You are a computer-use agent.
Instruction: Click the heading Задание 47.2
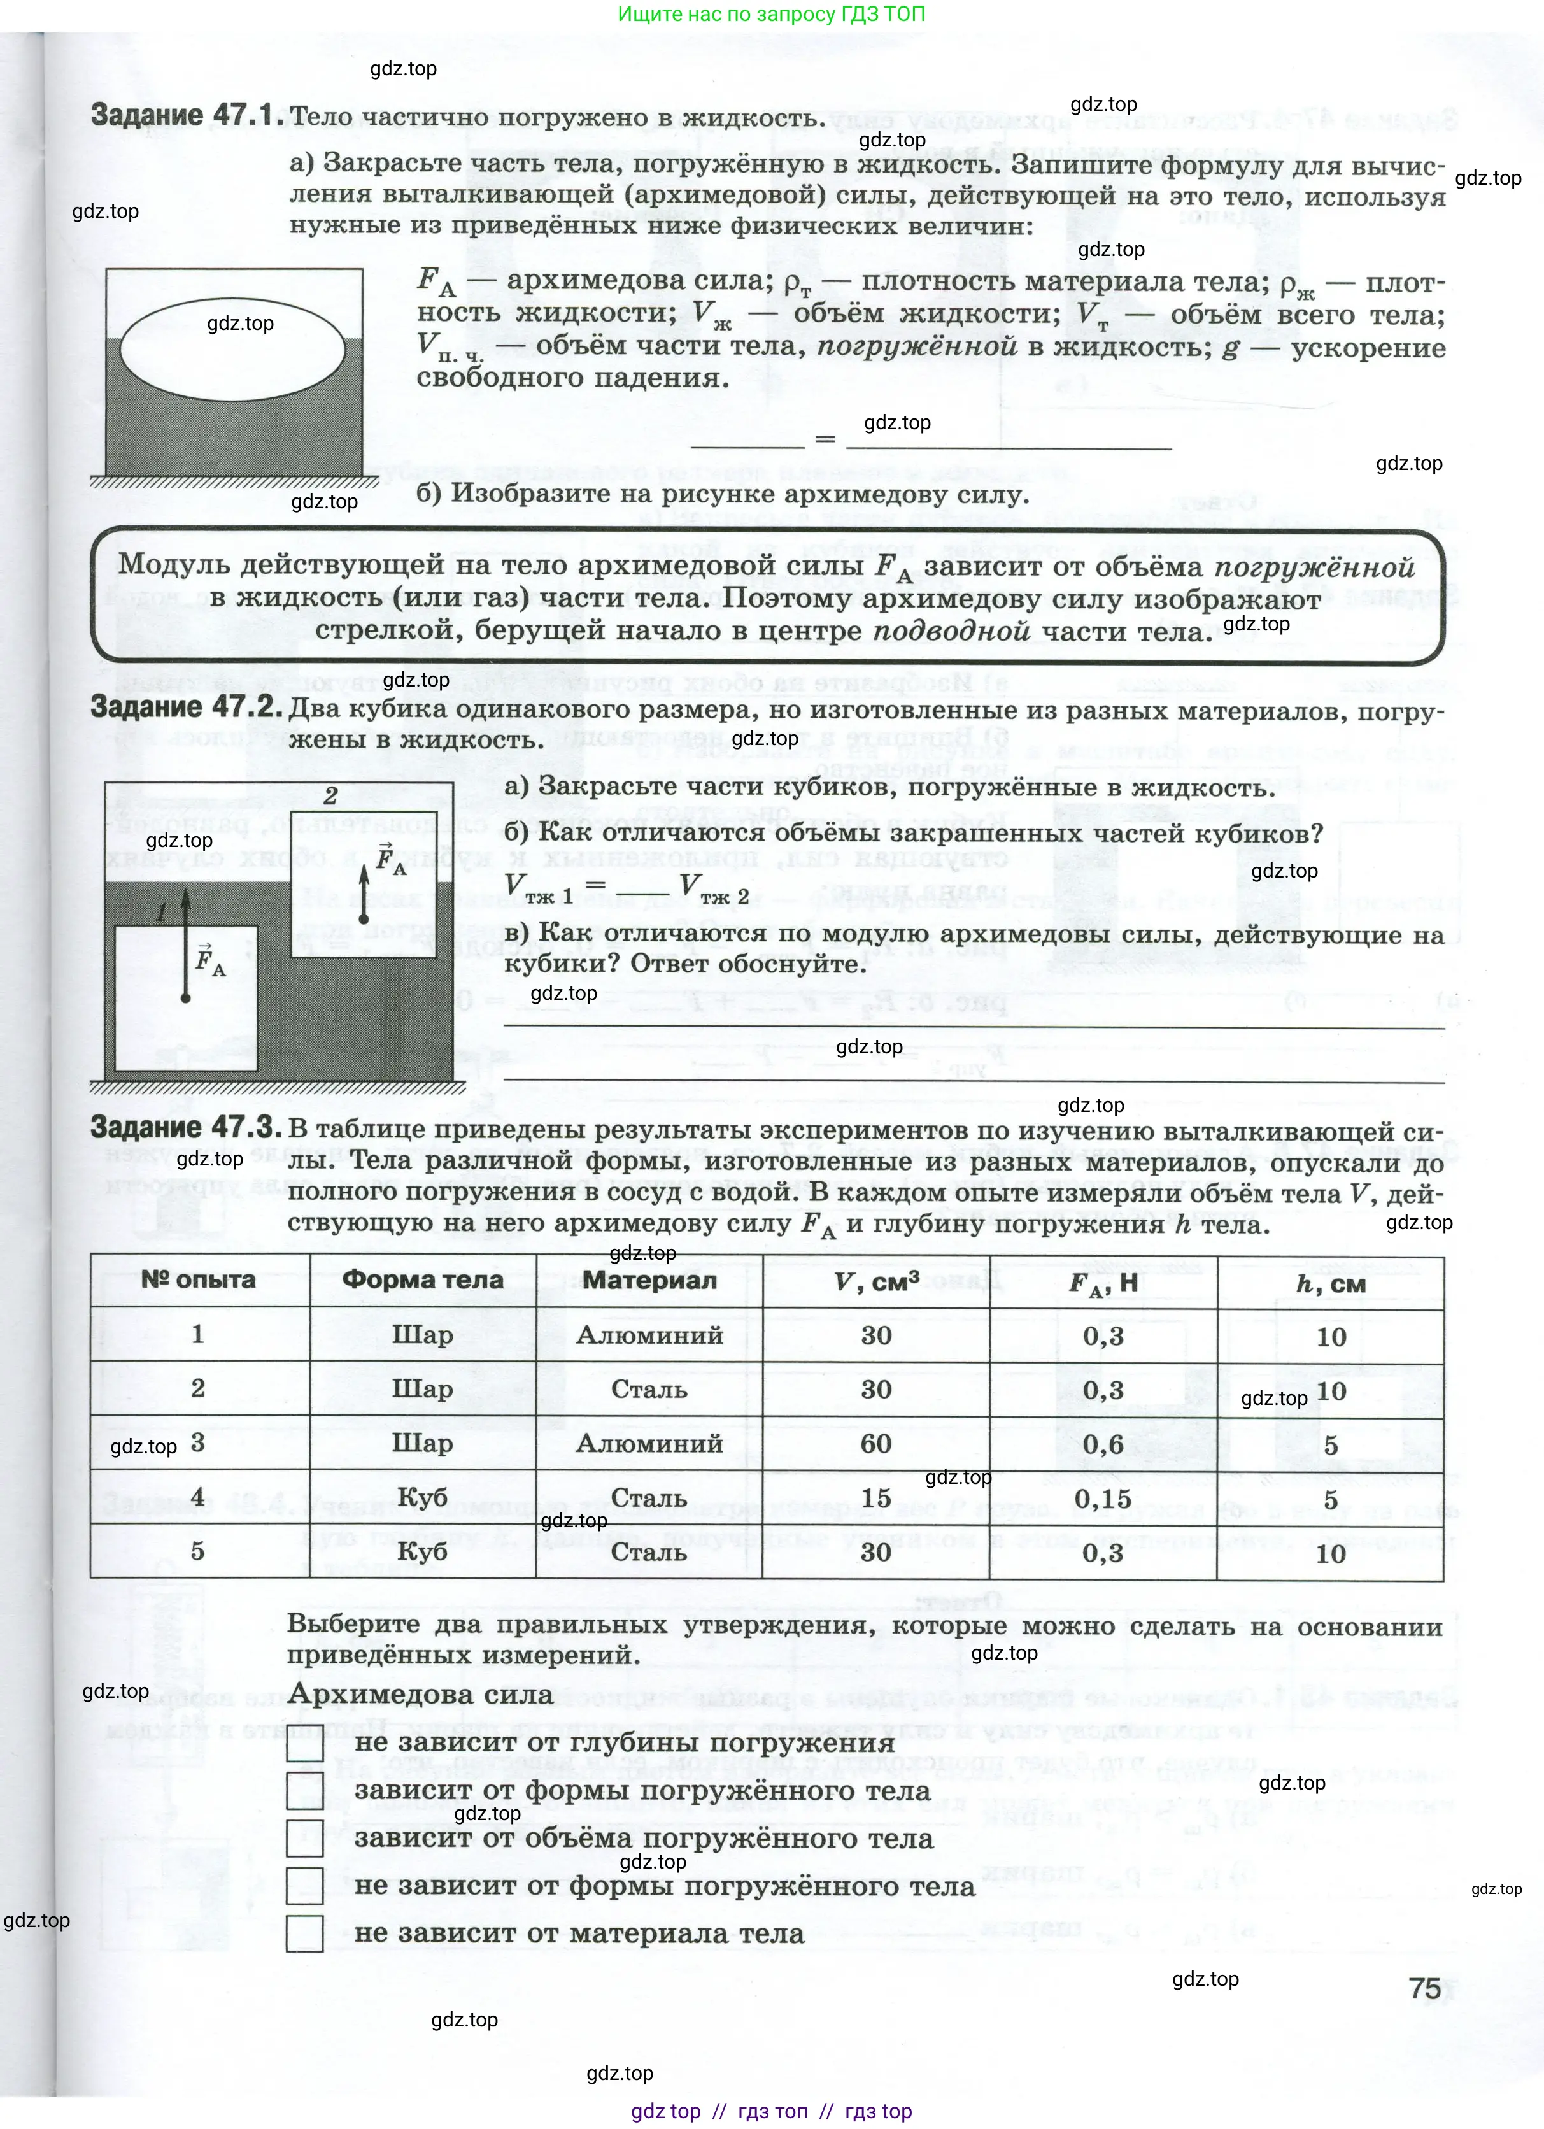[186, 707]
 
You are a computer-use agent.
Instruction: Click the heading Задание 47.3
[186, 1127]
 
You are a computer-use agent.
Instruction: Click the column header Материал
[649, 1281]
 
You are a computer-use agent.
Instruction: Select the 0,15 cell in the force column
[1103, 1499]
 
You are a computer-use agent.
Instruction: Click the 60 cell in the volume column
[875, 1444]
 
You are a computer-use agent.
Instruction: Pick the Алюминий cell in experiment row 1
[649, 1335]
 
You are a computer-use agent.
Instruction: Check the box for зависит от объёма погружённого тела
[304, 1839]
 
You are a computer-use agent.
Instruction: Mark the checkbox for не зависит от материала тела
[304, 1933]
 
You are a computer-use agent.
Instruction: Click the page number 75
[1424, 1989]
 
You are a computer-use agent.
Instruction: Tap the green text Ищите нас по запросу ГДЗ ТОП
[772, 14]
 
